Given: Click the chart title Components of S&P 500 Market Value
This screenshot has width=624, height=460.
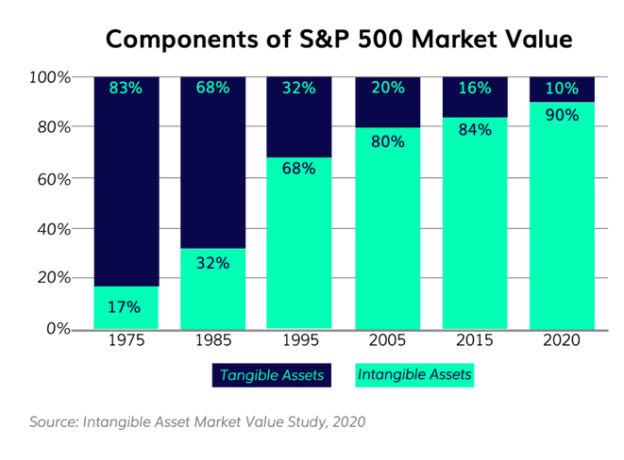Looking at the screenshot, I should [339, 40].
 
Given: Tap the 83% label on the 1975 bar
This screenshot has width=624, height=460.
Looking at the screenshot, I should [126, 89].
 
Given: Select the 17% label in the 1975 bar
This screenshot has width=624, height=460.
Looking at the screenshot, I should [125, 306].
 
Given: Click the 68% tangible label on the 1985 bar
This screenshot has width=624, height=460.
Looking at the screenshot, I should [212, 89].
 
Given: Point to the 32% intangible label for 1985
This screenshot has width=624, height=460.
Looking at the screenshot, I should [212, 263].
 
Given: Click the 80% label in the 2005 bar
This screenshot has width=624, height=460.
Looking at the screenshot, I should [387, 142].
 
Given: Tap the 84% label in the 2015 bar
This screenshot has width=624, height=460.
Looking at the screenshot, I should [474, 130].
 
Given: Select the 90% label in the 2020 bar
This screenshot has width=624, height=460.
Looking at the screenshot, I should [562, 116].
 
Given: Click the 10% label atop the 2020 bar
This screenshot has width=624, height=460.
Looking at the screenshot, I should [562, 89].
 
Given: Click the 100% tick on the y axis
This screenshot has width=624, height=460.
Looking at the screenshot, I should [52, 76].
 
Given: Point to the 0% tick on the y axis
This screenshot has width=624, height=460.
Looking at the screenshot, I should [59, 329].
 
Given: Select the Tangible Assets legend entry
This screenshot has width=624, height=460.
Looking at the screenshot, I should [271, 375].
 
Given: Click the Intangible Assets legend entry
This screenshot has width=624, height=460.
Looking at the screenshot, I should [414, 375].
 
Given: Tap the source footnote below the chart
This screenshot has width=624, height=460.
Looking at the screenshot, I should [196, 421].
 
